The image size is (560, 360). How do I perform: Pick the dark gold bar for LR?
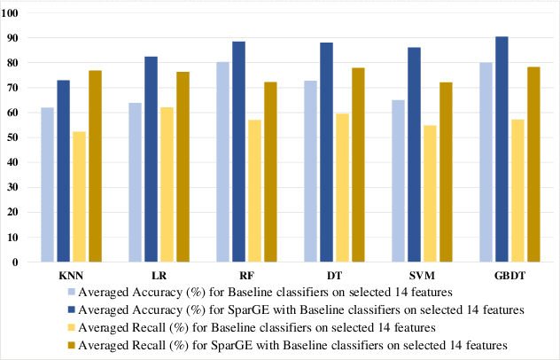click(x=183, y=167)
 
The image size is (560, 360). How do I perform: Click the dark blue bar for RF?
click(x=238, y=152)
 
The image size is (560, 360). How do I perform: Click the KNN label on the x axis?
click(x=72, y=277)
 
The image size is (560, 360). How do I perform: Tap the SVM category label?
click(x=422, y=277)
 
